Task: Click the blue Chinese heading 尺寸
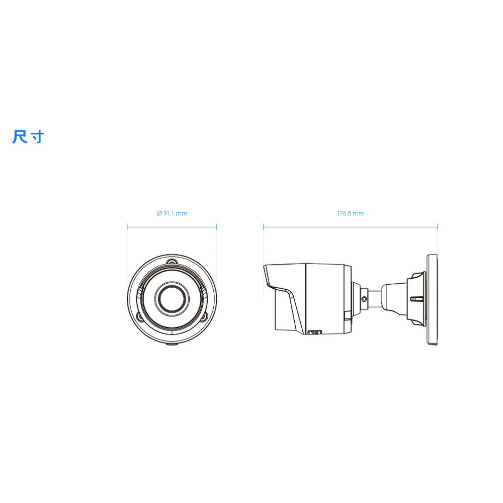28,137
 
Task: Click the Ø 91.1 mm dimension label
172,213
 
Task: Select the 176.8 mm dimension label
351,213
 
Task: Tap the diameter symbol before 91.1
159,213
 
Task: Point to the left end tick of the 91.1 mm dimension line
127,227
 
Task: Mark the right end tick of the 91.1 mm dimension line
217,227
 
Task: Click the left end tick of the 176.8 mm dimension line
264,227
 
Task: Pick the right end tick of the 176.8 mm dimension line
438,227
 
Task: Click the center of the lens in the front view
172,298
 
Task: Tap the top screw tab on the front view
172,262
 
